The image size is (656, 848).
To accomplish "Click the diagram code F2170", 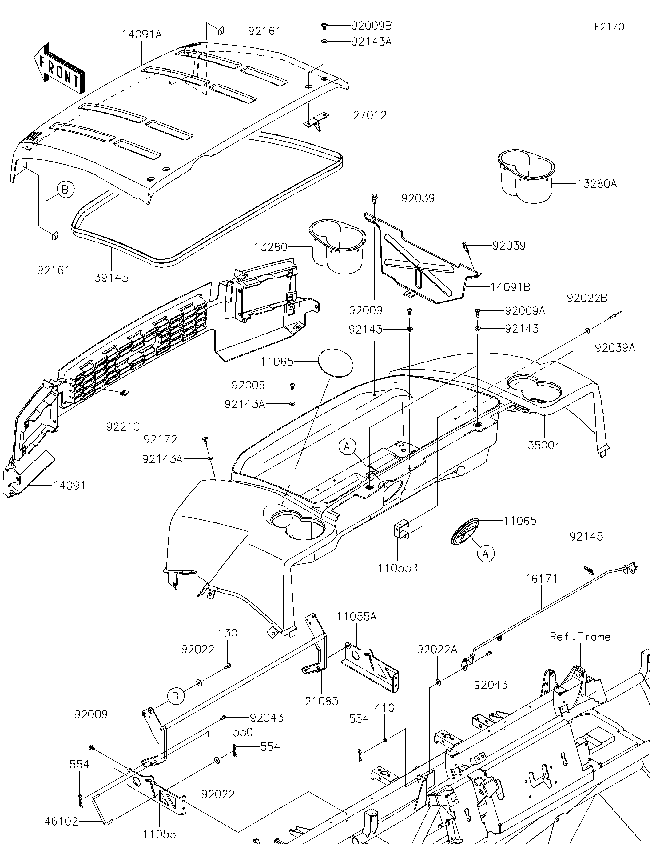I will [609, 27].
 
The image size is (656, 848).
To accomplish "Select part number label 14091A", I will [142, 34].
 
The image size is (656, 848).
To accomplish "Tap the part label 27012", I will [370, 115].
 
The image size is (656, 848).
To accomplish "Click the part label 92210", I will [123, 427].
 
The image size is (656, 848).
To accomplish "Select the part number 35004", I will [544, 445].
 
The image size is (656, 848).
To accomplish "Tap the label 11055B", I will [398, 568].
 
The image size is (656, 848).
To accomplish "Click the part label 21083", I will [321, 701].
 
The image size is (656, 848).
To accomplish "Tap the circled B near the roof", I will [65, 190].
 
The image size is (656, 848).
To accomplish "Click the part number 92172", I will [160, 439].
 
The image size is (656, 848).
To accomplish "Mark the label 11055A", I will [356, 616].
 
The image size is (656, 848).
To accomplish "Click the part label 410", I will [384, 707].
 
